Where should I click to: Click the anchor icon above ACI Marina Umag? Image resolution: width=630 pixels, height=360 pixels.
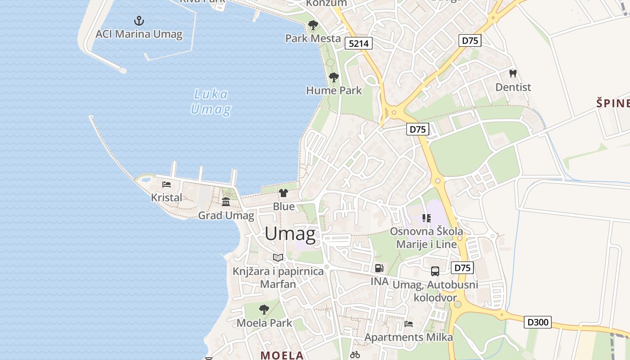pos(139,21)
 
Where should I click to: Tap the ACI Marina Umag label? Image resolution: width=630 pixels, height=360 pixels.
pos(139,34)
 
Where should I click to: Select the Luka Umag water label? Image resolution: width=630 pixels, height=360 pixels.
pos(211,102)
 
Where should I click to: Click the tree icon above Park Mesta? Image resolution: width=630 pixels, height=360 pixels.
pos(313,25)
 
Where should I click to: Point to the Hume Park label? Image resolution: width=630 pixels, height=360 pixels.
pos(334,90)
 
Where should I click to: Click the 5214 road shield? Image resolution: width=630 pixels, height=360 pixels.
pos(359,43)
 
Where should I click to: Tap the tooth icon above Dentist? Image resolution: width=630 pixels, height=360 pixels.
pos(513,73)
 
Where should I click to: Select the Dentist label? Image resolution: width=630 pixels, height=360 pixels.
pos(513,87)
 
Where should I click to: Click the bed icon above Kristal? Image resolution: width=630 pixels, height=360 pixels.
pos(166,184)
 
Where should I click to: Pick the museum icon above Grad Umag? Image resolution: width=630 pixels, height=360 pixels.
pos(226,202)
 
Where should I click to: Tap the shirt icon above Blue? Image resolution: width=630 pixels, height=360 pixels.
pos(283,193)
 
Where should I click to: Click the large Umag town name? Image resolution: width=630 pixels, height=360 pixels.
pos(290,234)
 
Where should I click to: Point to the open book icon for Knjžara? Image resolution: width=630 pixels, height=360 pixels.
pos(278,258)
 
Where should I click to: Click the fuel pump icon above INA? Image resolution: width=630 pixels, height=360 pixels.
pos(379,268)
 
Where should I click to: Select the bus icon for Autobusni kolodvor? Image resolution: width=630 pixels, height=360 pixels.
pos(435,271)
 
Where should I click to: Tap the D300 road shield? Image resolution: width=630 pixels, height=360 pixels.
pos(538,322)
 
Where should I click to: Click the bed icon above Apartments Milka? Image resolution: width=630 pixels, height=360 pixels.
pos(408,324)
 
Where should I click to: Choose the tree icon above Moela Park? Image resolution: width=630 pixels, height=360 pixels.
pos(264,310)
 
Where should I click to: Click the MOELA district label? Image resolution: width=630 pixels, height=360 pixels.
pos(282,355)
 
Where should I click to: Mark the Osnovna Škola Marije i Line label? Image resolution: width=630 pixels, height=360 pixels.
pos(426,238)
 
